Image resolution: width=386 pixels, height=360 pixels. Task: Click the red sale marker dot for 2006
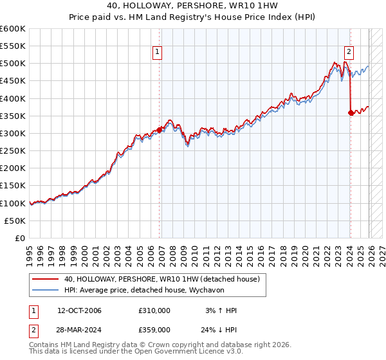pos(160,130)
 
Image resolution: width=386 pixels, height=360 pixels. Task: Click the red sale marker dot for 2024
pos(351,113)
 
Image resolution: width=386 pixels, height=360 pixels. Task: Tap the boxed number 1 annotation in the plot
pos(157,53)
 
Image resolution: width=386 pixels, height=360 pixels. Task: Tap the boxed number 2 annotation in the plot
pos(349,53)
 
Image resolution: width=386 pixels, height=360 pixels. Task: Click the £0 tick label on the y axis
pos(19,238)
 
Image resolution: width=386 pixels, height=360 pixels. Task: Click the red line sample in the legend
pos(46,279)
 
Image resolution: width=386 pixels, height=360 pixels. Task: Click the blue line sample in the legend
pos(46,291)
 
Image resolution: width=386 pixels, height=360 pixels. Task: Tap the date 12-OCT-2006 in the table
pos(80,310)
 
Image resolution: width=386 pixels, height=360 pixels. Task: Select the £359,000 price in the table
pos(154,329)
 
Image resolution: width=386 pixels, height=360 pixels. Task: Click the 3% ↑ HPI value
pos(221,310)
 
